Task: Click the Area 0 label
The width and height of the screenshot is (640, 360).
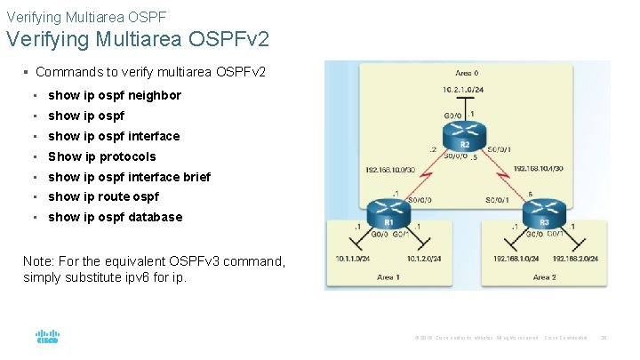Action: (x=467, y=72)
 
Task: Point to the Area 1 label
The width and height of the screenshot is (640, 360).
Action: (x=388, y=277)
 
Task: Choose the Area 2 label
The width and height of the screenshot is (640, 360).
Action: (x=544, y=277)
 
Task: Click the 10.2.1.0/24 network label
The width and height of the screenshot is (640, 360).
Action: (x=463, y=89)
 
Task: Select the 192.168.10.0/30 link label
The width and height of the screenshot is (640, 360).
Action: (x=390, y=169)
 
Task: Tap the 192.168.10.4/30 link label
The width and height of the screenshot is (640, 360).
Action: (x=535, y=169)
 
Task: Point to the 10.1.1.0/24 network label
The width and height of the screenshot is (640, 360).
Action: (x=353, y=259)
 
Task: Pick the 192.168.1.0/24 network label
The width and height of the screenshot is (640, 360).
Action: (x=516, y=259)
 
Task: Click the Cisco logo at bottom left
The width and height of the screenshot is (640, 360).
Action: (x=47, y=337)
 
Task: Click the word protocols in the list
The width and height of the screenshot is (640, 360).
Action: (x=128, y=156)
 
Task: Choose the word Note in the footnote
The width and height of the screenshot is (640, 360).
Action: (x=39, y=261)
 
